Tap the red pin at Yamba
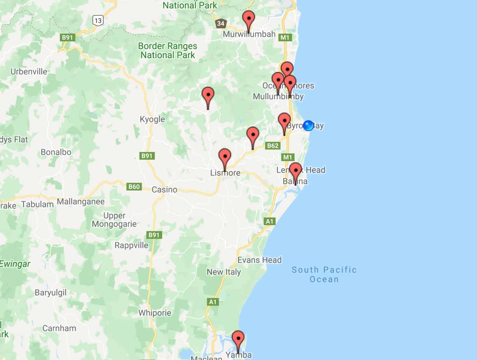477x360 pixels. [x=238, y=340]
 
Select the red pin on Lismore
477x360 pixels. [x=224, y=157]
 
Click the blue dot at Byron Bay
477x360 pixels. [x=308, y=125]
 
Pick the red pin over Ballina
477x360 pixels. [x=296, y=171]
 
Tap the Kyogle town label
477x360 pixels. [x=152, y=119]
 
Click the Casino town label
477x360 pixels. [x=164, y=189]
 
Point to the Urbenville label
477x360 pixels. [x=29, y=71]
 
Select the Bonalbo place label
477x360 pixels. [x=56, y=152]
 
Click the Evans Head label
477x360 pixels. [x=260, y=260]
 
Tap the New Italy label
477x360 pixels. [x=224, y=272]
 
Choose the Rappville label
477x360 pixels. [x=131, y=245]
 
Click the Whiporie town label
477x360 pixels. [x=155, y=313]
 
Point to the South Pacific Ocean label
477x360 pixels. [x=324, y=275]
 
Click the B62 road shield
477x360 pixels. [x=272, y=146]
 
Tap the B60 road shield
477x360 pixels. [x=134, y=187]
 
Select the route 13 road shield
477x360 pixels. [x=98, y=20]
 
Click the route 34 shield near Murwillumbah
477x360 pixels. [x=220, y=24]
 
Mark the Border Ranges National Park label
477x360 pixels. [x=168, y=50]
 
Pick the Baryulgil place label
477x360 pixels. [x=50, y=292]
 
